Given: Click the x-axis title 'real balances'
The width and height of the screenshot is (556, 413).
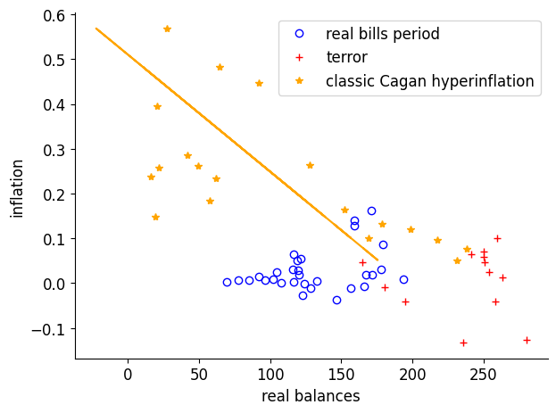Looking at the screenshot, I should click(x=311, y=395).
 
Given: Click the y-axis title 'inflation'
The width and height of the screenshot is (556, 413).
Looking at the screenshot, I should click(x=18, y=188).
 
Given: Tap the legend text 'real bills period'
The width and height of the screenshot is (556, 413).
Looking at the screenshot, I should click(x=382, y=34).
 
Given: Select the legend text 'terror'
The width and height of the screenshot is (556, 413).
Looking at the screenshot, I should click(x=346, y=57).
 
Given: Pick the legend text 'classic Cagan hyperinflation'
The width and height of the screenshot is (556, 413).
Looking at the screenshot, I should click(x=429, y=81).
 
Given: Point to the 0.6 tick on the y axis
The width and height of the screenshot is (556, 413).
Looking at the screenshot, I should click(x=54, y=15).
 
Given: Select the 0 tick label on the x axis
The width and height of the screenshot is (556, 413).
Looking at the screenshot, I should click(x=128, y=373).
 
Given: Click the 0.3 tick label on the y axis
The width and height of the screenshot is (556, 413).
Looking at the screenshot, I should click(x=54, y=149).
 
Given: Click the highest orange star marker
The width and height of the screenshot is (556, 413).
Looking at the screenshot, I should click(x=167, y=29).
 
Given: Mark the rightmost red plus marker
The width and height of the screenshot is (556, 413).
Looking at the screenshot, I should click(x=527, y=340).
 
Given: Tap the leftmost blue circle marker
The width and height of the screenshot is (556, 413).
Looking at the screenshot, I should click(x=227, y=282).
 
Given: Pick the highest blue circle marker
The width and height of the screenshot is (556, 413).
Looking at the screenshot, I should click(x=371, y=211).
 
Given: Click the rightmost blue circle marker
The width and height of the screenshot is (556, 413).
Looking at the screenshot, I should click(x=403, y=279).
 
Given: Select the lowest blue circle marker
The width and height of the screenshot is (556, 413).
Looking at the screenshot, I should click(x=336, y=300).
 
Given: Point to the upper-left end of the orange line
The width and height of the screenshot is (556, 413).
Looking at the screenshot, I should click(x=96, y=29).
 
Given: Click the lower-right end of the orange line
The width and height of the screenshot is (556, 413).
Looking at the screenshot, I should click(x=378, y=260).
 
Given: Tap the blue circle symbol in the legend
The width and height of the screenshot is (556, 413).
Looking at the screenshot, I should click(x=299, y=34).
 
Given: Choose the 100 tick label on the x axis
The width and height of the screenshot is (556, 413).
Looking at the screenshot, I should click(x=270, y=373).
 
